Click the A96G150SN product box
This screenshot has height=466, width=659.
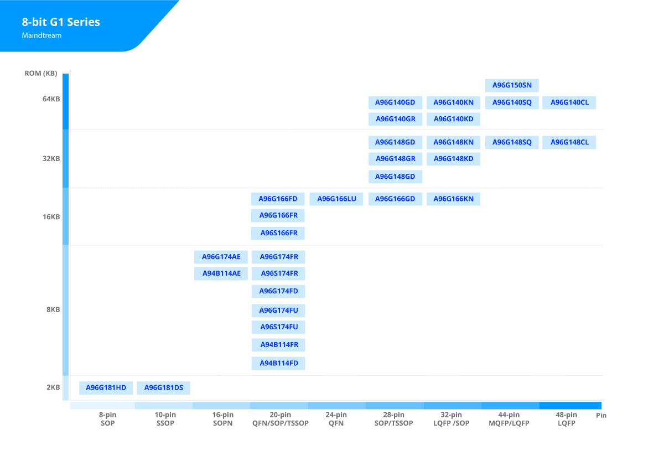coord(512,85)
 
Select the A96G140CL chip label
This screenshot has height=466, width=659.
coord(569,102)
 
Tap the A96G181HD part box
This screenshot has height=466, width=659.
coord(106,388)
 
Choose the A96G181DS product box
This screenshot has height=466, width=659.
coord(163,388)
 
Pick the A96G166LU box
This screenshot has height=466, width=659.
coord(336,199)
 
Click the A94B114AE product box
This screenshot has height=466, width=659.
coord(221,273)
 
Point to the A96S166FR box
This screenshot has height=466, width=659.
coord(278,233)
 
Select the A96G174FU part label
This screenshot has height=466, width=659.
coord(278,310)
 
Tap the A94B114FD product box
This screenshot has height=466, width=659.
coord(278,364)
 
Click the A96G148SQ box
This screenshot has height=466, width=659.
coord(512,142)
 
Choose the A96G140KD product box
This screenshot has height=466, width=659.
coord(454,119)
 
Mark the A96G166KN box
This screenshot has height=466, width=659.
coord(454,199)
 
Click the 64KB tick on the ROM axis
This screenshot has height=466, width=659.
coord(51,99)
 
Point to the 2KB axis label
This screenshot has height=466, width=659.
coord(53,387)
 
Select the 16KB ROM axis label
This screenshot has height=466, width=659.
coord(51,217)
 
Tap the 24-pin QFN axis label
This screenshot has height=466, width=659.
coord(336,419)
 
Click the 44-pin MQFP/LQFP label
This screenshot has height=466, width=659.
coord(509,419)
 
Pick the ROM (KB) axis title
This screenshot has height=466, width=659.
coord(41,74)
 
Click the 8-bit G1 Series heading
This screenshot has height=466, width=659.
coord(61,22)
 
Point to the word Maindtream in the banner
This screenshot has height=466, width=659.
coord(41,36)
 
